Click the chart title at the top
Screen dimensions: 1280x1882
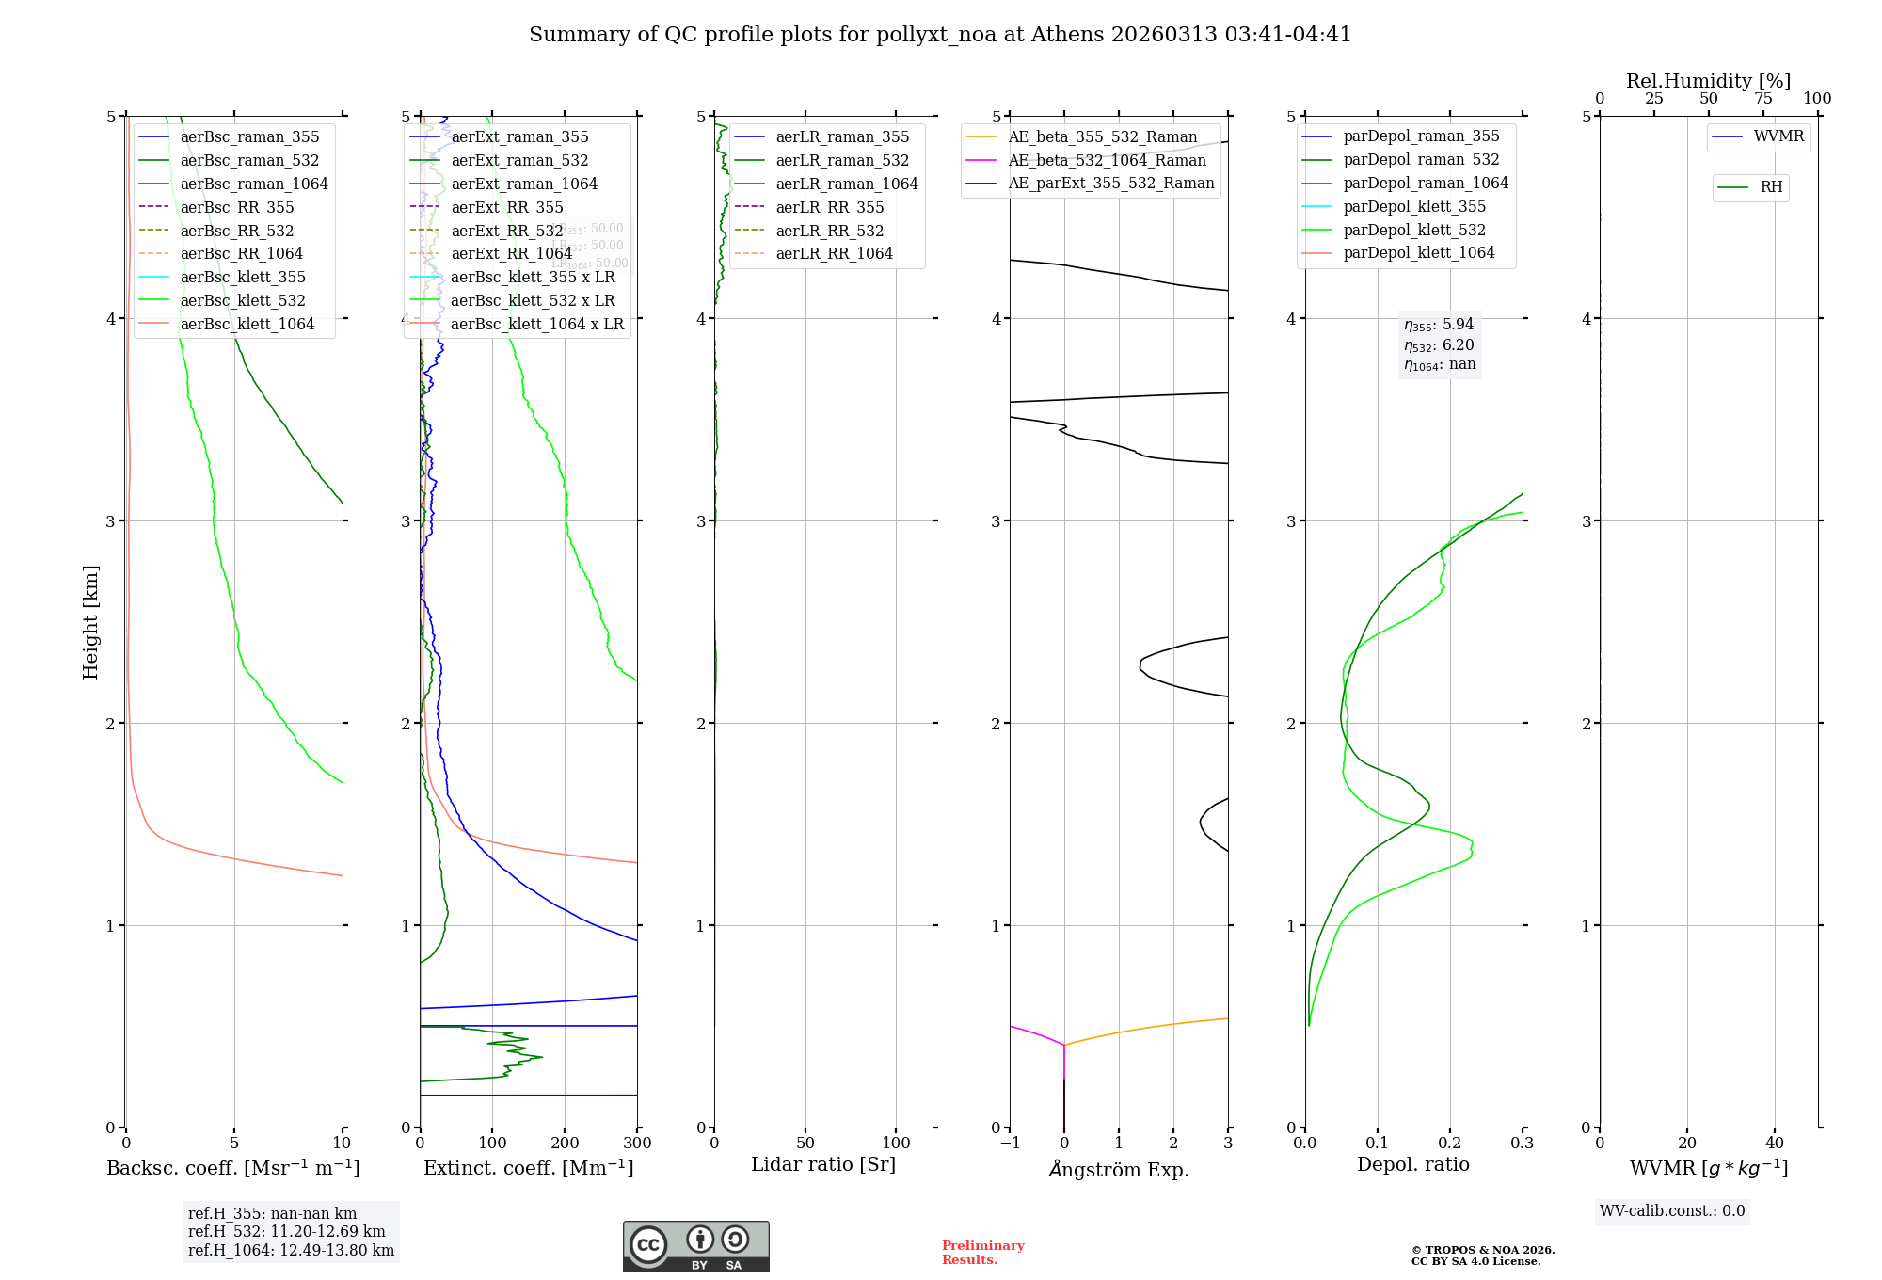click(x=940, y=35)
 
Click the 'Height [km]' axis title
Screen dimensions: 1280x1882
click(x=90, y=622)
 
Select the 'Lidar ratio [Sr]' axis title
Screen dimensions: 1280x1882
click(x=823, y=1164)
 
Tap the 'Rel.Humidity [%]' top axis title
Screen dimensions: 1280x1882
click(x=1708, y=81)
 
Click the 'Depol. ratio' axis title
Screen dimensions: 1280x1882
click(x=1412, y=1164)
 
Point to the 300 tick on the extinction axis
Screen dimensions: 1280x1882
click(x=637, y=1144)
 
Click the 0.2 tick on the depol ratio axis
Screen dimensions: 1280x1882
click(x=1450, y=1144)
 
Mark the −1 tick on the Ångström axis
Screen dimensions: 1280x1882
click(x=1010, y=1144)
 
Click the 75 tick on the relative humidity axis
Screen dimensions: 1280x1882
click(x=1763, y=99)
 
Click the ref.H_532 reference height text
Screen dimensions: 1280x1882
click(x=286, y=1231)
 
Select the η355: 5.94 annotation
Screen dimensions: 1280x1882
click(x=1439, y=325)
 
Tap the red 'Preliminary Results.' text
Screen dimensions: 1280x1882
click(x=982, y=1253)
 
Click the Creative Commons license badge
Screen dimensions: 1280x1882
click(x=695, y=1246)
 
